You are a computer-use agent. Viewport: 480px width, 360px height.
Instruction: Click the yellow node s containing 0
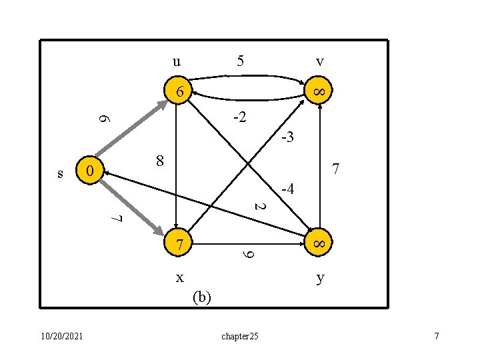pos(89,172)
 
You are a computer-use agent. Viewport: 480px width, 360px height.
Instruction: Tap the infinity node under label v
pos(319,90)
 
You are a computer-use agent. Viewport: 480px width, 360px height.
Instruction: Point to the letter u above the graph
pos(175,62)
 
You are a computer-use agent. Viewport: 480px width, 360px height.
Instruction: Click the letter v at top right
pos(320,62)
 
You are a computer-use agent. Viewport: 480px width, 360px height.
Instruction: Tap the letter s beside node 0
pos(61,174)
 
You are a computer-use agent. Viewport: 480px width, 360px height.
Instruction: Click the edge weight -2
pos(239,119)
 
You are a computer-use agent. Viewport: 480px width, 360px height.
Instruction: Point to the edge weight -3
pos(287,139)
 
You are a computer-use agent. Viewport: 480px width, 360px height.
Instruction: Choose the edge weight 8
pos(159,161)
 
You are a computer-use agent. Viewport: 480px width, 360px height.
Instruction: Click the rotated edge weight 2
pos(261,207)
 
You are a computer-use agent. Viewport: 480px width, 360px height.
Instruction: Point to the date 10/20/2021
pos(61,336)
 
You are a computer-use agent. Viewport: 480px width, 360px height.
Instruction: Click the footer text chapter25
pos(239,337)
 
